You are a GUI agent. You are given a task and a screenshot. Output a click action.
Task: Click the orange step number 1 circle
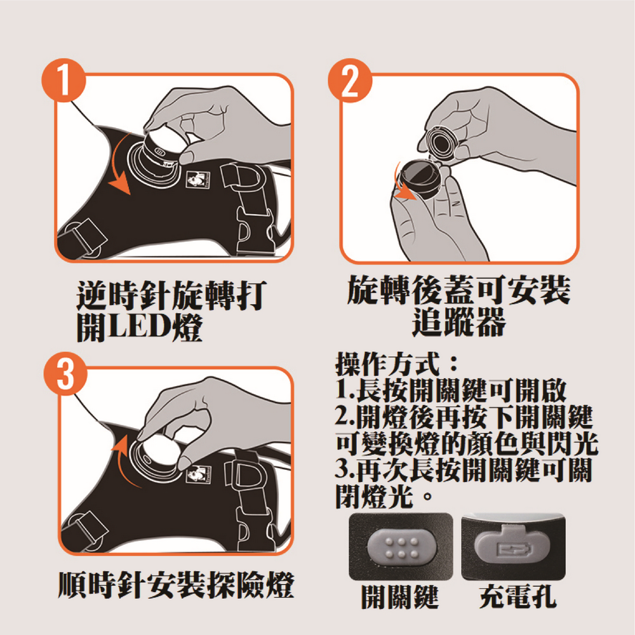pyautogui.click(x=63, y=80)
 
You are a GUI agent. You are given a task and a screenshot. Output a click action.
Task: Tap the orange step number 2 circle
pyautogui.click(x=350, y=80)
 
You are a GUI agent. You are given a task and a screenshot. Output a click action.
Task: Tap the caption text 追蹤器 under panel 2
pyautogui.click(x=459, y=322)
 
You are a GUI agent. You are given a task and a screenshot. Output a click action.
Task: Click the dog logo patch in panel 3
pyautogui.click(x=198, y=473)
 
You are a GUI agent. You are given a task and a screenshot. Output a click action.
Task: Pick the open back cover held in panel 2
pyautogui.click(x=419, y=180)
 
